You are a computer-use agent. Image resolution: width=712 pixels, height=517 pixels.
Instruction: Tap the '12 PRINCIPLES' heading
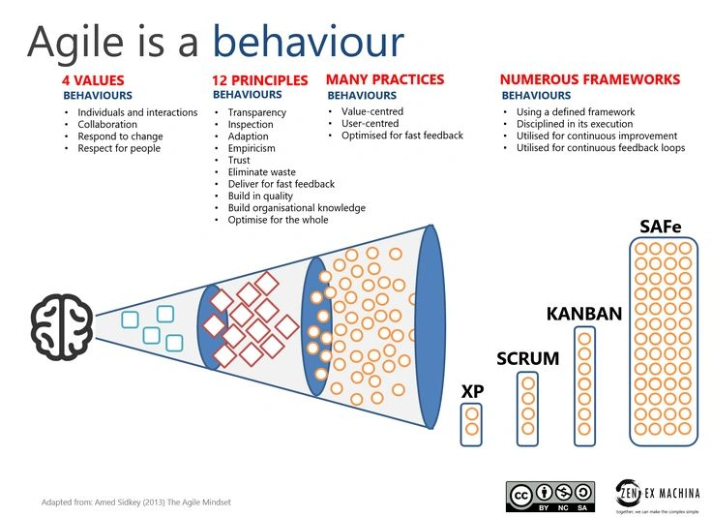tap(259, 80)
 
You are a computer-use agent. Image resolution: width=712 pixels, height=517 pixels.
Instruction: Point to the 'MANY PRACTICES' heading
tap(385, 79)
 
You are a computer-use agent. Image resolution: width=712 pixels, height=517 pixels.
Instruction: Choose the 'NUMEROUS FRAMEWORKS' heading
tap(589, 79)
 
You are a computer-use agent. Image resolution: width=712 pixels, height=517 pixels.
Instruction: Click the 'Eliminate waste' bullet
tap(262, 172)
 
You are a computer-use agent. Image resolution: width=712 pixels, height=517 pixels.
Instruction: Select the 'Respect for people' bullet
tap(119, 148)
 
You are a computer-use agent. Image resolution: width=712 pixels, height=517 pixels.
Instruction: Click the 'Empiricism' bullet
tap(252, 148)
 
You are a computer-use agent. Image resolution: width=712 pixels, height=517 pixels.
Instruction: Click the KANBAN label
tap(583, 315)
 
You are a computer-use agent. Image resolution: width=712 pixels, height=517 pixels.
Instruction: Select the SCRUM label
tap(527, 359)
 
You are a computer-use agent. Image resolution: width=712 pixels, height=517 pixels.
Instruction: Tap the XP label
tap(472, 392)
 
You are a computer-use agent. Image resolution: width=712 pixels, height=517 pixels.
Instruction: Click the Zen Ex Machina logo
tap(657, 495)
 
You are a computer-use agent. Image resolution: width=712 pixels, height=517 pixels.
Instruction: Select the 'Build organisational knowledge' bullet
tap(296, 208)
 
